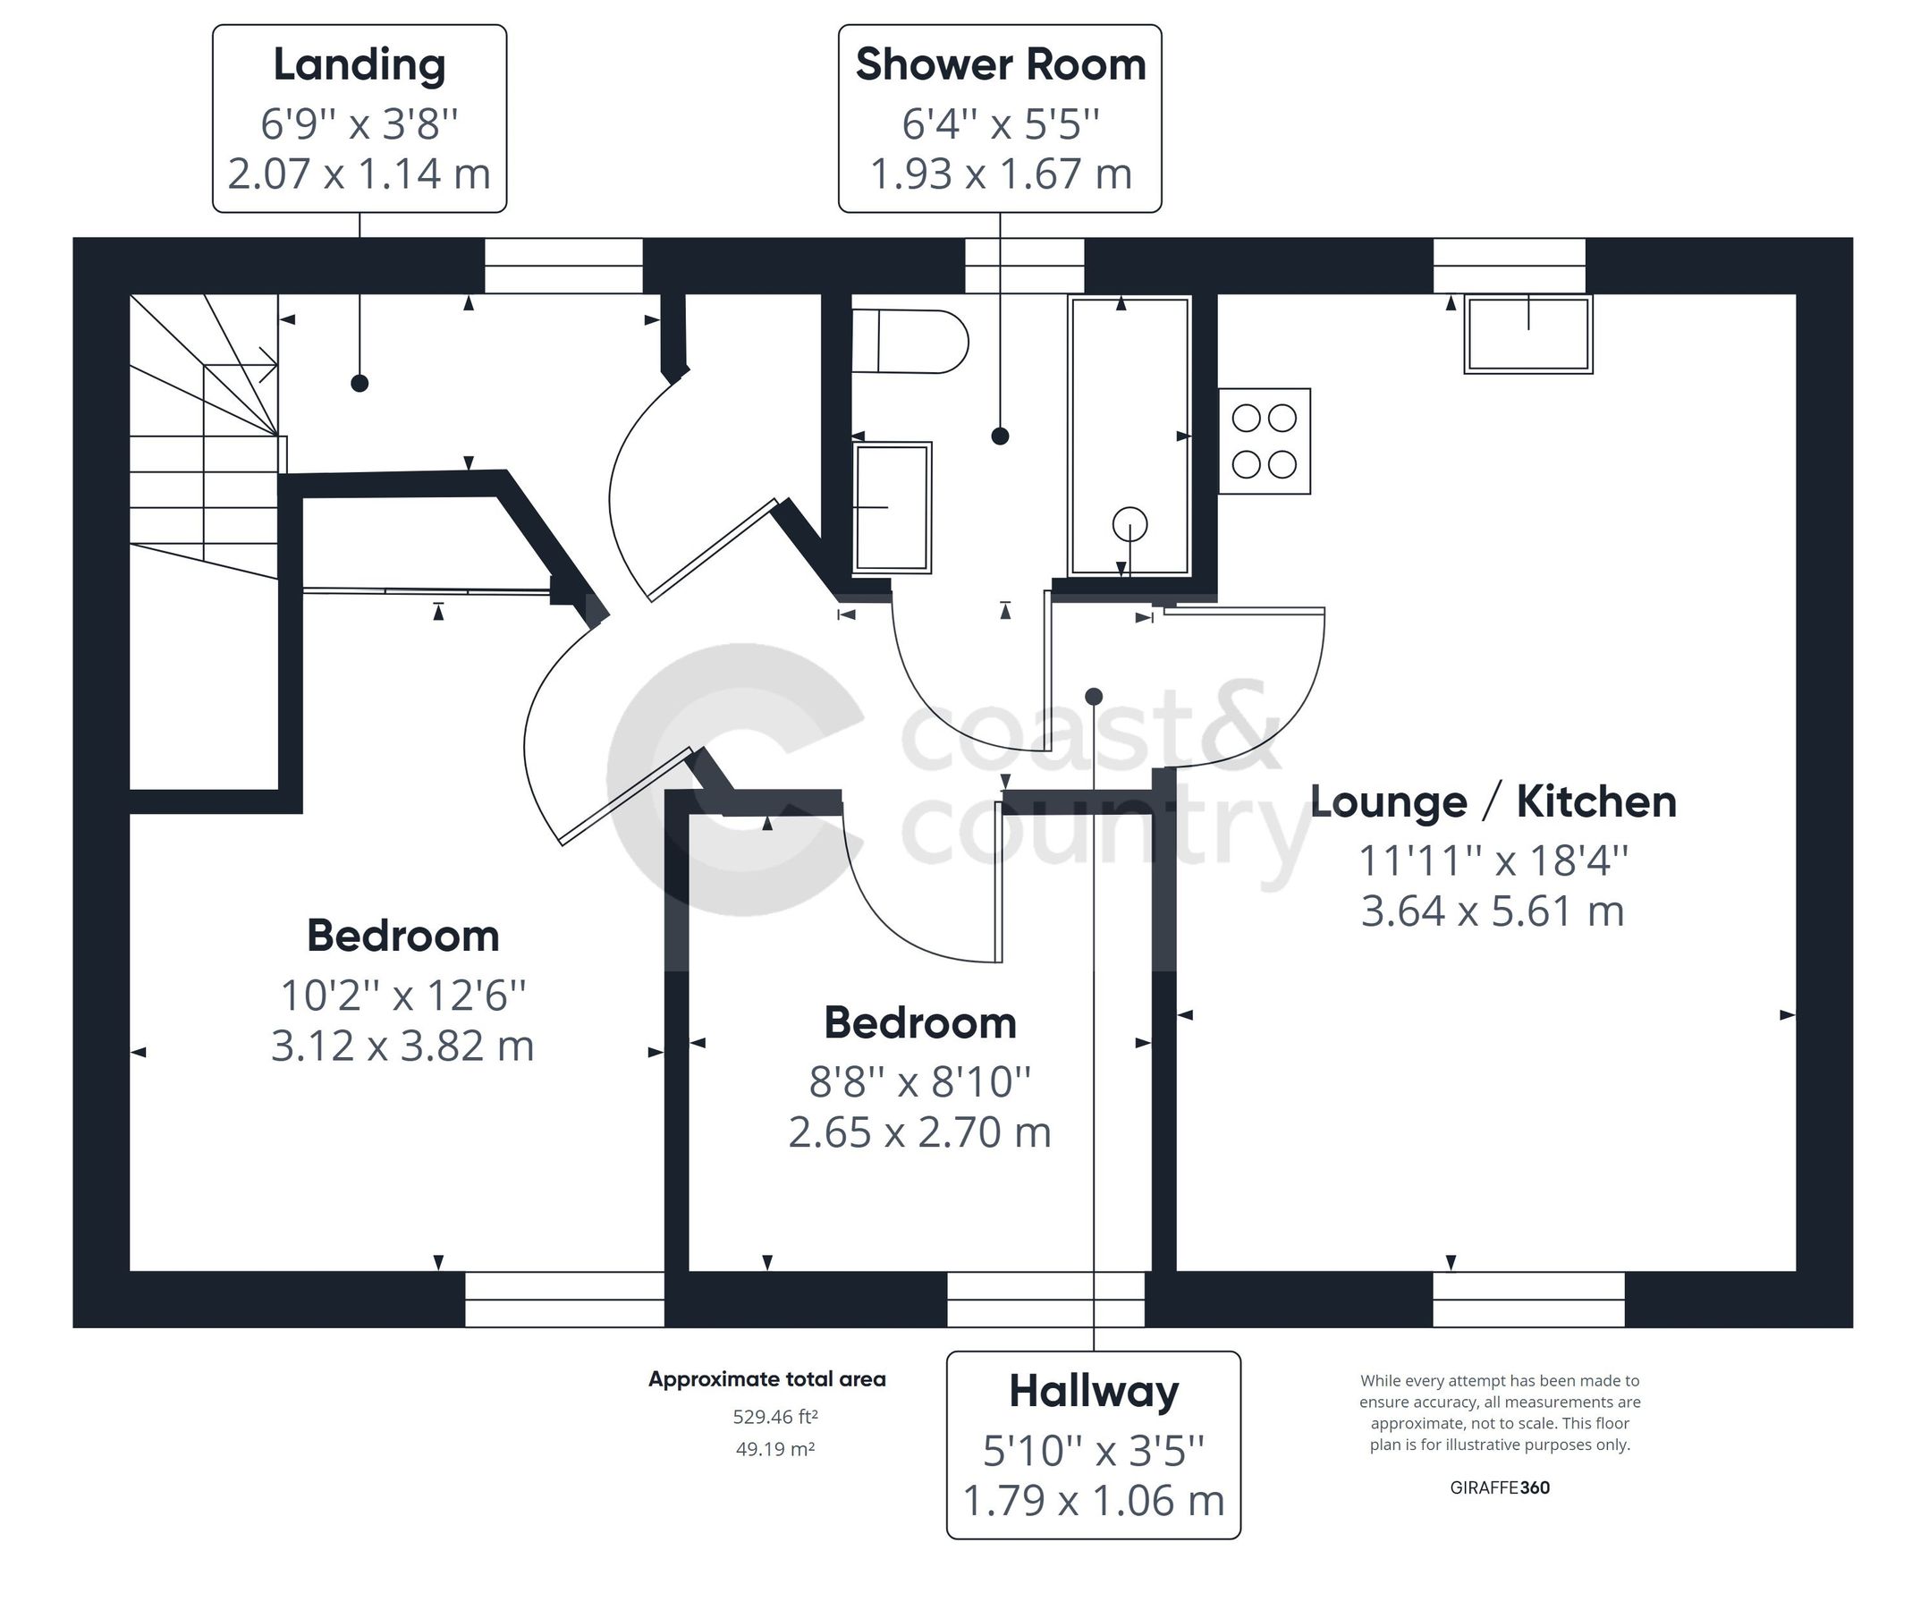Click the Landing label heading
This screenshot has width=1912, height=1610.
[x=359, y=64]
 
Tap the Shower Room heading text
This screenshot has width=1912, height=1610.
[x=999, y=64]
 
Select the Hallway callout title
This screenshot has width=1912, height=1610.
[x=1093, y=1392]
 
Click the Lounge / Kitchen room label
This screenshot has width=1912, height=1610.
[x=1493, y=802]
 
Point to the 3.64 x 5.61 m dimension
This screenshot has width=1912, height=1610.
[x=1493, y=911]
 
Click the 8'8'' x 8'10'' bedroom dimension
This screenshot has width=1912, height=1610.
[x=919, y=1081]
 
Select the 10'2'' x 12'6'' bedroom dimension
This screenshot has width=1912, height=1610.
[x=402, y=995]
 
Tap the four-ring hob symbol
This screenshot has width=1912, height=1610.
[x=1264, y=442]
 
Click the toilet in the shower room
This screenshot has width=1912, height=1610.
[x=909, y=342]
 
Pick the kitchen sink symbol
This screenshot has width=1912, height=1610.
[x=1527, y=334]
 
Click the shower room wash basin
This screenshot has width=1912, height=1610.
[x=892, y=507]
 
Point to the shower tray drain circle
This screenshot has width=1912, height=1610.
[x=1129, y=525]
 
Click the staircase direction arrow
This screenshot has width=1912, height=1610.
[x=267, y=365]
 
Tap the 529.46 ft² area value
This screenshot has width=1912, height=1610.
[x=774, y=1417]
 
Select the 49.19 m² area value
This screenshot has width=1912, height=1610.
[x=774, y=1448]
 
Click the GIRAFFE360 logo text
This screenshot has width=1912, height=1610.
[x=1499, y=1487]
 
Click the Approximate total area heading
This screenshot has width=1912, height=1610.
[x=766, y=1379]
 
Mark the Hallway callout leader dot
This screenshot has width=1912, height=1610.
[x=1094, y=697]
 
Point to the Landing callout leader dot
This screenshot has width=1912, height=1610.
[x=360, y=384]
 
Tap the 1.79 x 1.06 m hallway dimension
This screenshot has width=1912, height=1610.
[x=1093, y=1501]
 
